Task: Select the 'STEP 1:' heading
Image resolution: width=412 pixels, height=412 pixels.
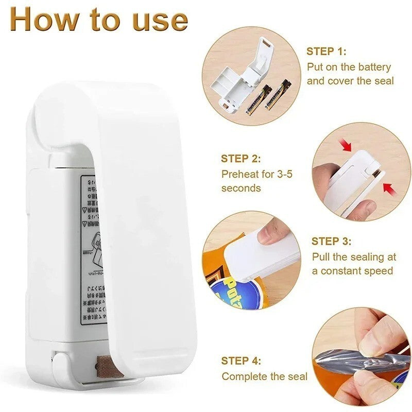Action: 327,51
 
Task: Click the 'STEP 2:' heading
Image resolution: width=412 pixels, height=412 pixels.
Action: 241,159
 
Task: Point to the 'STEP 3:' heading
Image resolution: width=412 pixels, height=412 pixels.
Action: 332,241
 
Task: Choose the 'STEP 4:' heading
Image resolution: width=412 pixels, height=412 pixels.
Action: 241,360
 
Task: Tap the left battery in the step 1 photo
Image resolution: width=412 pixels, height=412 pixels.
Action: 253,99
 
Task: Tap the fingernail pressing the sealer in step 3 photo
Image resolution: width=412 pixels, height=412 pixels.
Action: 265,236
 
